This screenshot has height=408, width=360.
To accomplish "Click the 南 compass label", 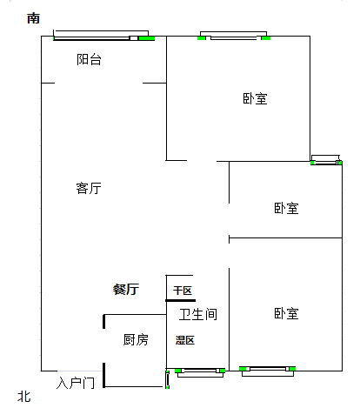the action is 33,18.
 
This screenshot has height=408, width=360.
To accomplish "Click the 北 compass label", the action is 24,397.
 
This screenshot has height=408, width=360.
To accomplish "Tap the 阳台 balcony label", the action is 89,59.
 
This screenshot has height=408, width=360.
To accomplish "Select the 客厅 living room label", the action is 89,188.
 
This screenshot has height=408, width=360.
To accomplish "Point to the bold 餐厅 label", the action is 126,289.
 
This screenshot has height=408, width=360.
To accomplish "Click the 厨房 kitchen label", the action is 136,339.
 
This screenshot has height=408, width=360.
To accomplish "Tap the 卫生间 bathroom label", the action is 198,314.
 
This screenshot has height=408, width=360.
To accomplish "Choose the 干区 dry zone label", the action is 183,291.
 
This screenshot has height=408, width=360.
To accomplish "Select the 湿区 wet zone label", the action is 185,340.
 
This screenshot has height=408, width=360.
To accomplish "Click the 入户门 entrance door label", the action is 76,383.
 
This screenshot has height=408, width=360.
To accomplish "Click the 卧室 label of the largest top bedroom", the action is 255,98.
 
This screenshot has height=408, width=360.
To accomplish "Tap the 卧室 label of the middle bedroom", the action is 286,208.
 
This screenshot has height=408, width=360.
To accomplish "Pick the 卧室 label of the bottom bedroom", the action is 286,313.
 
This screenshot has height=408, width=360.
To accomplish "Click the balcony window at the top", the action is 103,36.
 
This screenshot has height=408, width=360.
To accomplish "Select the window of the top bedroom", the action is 234,36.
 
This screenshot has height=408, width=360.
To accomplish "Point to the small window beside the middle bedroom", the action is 326,160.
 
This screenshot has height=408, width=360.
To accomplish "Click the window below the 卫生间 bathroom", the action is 200,372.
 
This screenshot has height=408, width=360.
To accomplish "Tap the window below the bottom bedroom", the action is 267,371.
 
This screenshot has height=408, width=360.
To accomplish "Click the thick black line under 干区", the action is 180,300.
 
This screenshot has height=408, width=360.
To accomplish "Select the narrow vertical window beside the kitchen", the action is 167,379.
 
